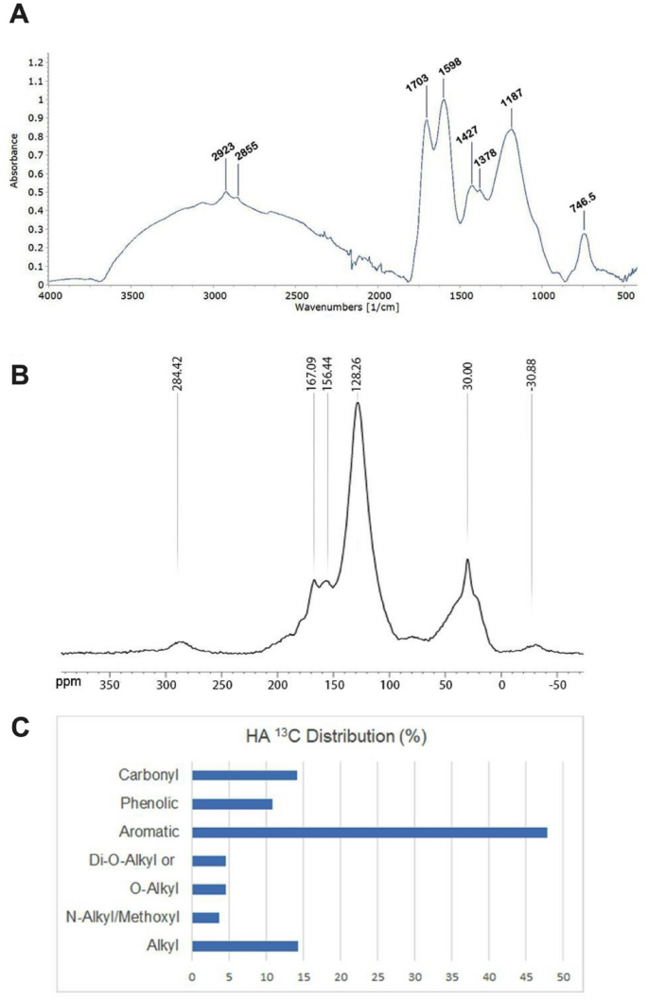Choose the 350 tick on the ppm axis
click(111, 680)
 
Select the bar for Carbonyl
click(244, 775)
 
